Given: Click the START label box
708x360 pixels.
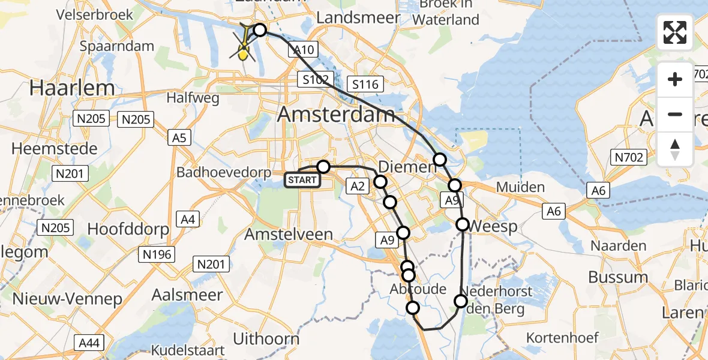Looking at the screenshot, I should coord(302,179).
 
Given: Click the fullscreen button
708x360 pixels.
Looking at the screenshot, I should coord(675,32).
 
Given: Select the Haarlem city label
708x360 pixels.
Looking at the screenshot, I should coord(72,88).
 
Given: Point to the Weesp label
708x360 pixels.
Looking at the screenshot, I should coord(493,227).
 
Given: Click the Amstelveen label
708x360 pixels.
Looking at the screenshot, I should coord(289,234).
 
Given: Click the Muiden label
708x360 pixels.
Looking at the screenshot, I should coord(520,187).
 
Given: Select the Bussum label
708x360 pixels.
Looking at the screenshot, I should coord(618,277).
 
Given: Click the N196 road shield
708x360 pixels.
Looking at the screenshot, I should coord(157,254).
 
